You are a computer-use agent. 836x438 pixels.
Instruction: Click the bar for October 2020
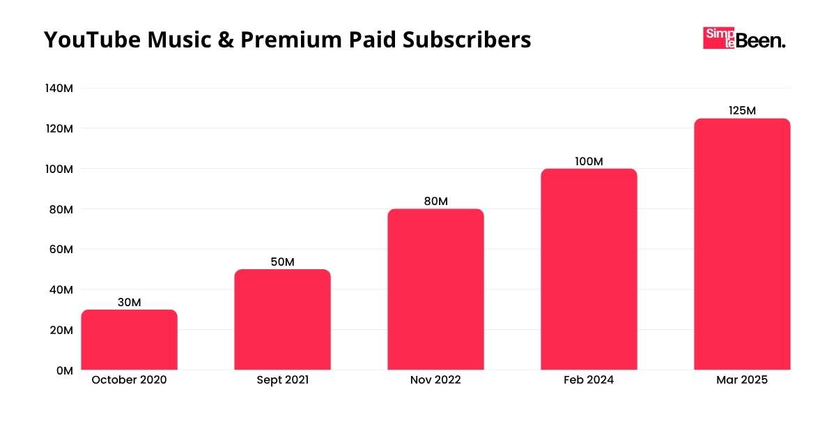[x=129, y=340]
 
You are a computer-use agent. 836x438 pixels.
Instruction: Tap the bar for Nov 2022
[x=435, y=289]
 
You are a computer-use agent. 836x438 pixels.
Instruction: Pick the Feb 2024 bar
[x=589, y=269]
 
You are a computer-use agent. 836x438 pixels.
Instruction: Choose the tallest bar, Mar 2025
[x=742, y=244]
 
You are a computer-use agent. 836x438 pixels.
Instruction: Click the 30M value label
[x=129, y=303]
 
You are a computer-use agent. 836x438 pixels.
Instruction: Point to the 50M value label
[x=282, y=262]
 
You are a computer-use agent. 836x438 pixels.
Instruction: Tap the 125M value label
[x=742, y=111]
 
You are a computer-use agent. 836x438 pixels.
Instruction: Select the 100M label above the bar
[x=589, y=161]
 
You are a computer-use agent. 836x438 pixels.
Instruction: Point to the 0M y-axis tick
[x=64, y=370]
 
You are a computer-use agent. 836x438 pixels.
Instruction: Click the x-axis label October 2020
[x=129, y=380]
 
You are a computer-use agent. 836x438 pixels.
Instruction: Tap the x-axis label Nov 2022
[x=435, y=380]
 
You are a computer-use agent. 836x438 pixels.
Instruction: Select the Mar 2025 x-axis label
[x=742, y=380]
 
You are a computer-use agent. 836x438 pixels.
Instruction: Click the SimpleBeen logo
[x=744, y=38]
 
